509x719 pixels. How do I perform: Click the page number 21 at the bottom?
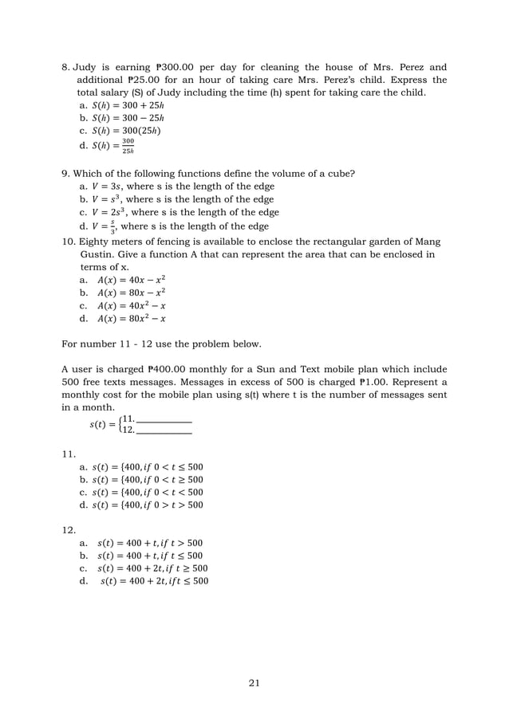[254, 682]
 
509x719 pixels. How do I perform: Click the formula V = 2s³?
[111, 213]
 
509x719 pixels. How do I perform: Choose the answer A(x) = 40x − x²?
[131, 280]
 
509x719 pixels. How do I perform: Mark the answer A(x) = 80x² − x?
[131, 319]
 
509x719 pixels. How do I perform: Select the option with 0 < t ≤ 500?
[148, 466]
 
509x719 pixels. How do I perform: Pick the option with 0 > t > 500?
[148, 505]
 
